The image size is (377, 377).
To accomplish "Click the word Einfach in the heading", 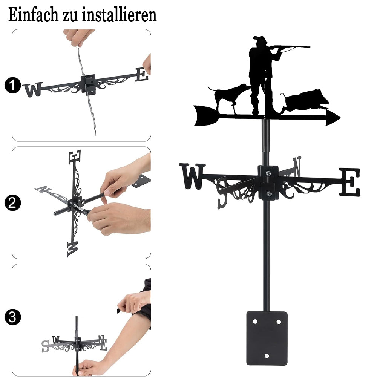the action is pos(33,15).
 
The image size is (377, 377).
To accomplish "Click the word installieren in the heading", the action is pos(119,15).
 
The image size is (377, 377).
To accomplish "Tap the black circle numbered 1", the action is pos(12,85).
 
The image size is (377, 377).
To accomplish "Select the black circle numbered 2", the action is pos(12,203).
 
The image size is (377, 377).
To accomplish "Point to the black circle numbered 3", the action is pos(12,317).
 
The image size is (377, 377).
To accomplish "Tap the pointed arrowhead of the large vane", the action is pos(333,118).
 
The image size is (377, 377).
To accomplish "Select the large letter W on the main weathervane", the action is pos(192,176).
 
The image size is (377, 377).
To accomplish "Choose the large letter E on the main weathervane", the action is pos(350,182).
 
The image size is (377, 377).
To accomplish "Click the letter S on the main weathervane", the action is pos(222,192).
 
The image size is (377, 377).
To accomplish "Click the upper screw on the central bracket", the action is pos(268,173).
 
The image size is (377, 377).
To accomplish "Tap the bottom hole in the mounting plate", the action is pos(267,356).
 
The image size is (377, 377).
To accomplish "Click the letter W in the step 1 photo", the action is pos(33,89).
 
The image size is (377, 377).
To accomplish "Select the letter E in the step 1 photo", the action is pos(142,75).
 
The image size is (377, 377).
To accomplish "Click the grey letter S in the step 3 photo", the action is pos(46,346).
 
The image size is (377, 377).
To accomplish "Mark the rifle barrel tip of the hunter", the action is pos(310,47).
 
